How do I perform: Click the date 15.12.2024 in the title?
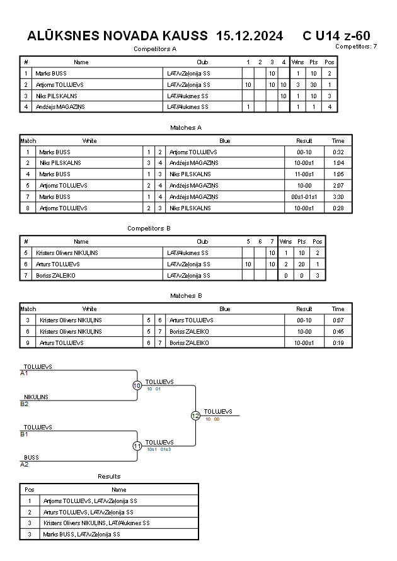(x=249, y=36)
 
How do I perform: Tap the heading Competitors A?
(x=155, y=48)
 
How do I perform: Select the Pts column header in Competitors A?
(x=313, y=62)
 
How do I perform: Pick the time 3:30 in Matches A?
(x=338, y=196)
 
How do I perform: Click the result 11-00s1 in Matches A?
(x=304, y=174)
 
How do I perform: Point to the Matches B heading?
(x=186, y=295)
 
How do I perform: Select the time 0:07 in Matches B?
(x=338, y=320)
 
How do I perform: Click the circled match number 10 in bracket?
(x=137, y=385)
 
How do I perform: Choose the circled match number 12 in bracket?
(x=195, y=416)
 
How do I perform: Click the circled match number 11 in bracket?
(x=137, y=446)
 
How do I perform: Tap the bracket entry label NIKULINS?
(x=36, y=397)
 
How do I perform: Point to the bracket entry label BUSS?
(x=31, y=458)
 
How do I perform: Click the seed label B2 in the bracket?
(x=25, y=404)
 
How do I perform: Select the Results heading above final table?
(x=109, y=476)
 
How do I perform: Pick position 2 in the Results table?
(x=29, y=512)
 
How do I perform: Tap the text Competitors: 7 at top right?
(x=356, y=46)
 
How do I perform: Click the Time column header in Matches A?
(x=338, y=141)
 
